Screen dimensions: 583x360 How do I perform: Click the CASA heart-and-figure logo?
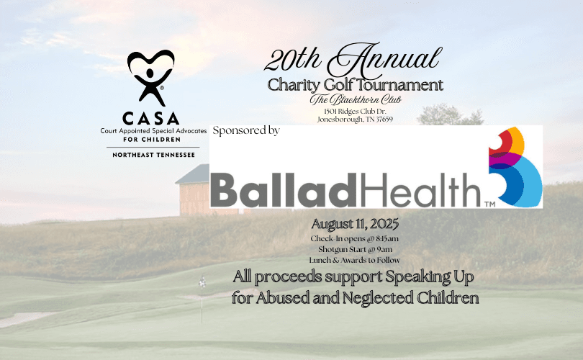[x=150, y=77]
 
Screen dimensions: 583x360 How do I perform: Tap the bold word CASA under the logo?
[x=150, y=119]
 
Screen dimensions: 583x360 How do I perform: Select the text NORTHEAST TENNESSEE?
[x=153, y=155]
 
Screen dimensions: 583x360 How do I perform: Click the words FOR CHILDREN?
[x=152, y=140]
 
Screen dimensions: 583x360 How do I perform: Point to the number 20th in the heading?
[x=293, y=60]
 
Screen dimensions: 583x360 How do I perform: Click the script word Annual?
[x=385, y=60]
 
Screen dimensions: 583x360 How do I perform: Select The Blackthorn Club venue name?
[x=356, y=99]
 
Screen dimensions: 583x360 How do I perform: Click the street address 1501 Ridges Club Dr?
[x=355, y=111]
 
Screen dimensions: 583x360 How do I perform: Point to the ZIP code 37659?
[x=384, y=120]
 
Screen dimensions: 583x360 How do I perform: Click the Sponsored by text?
[x=246, y=130]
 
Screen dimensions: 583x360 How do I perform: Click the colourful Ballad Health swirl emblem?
[x=515, y=166]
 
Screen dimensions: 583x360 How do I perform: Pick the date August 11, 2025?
[x=355, y=224]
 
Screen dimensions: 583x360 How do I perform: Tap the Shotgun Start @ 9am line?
[x=355, y=249]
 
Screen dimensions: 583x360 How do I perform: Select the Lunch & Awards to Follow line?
[x=355, y=260]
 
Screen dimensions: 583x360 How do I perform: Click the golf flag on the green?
[x=202, y=283]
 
